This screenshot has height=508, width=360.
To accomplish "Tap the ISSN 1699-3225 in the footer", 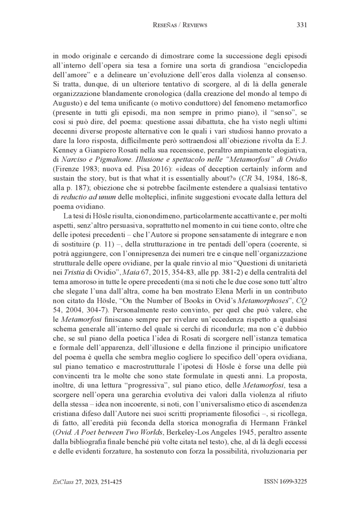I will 285,481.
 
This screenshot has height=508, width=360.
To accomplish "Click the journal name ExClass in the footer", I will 62,481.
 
